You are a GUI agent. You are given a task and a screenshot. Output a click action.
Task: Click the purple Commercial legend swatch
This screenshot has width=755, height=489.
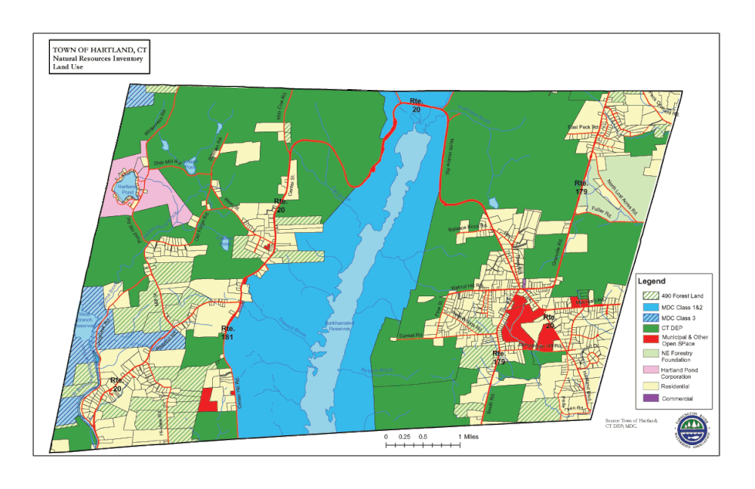pos(649,398)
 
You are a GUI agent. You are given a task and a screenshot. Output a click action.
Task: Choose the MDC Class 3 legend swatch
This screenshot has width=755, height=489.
pos(649,319)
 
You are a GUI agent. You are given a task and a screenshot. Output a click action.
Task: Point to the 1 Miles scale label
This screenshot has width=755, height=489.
pos(468,437)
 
